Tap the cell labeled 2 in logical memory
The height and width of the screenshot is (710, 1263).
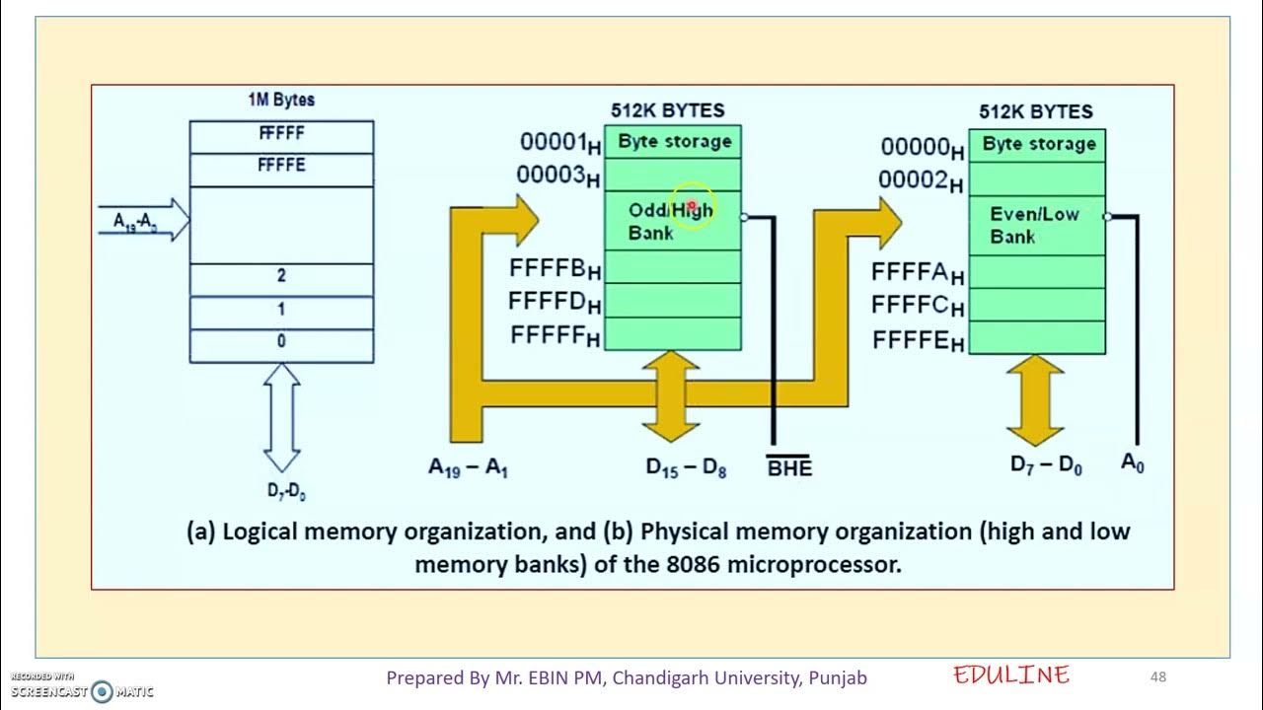(x=281, y=278)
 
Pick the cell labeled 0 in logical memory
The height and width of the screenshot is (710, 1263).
(x=281, y=342)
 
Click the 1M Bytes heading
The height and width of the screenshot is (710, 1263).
(x=281, y=101)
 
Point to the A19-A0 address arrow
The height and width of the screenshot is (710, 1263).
(x=144, y=221)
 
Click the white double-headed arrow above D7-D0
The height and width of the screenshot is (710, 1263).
(x=282, y=417)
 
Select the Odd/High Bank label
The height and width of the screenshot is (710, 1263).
(x=670, y=221)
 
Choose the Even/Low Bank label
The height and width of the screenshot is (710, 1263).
(x=1033, y=225)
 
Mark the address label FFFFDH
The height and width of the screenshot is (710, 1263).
(x=555, y=302)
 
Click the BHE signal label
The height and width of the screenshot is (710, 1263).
(x=789, y=468)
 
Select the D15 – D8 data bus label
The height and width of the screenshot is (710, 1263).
(x=686, y=468)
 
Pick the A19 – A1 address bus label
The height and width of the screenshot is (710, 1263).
(x=468, y=468)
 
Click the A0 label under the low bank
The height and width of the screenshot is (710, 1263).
(x=1133, y=462)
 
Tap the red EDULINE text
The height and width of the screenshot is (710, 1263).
(x=1010, y=675)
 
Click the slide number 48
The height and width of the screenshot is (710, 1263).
(x=1158, y=676)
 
